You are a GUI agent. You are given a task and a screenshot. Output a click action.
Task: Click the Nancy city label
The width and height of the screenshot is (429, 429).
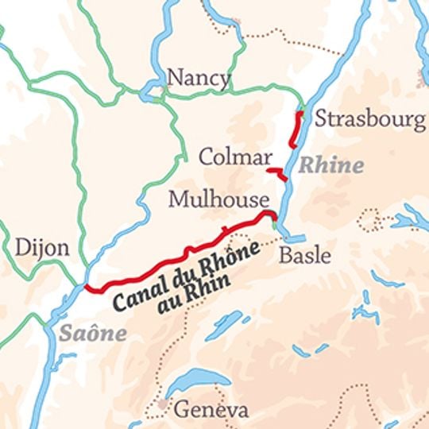click(199, 78)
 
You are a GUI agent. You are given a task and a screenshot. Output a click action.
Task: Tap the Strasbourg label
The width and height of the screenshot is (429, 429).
click(370, 119)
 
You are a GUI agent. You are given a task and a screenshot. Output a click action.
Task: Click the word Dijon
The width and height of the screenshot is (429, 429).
click(42, 247)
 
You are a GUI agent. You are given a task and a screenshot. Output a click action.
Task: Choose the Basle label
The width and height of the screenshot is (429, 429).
click(305, 256)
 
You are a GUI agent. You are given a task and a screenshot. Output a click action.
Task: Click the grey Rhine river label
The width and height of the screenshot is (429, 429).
click(330, 166)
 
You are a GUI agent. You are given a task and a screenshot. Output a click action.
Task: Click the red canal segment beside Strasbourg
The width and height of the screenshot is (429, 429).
click(296, 129)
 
